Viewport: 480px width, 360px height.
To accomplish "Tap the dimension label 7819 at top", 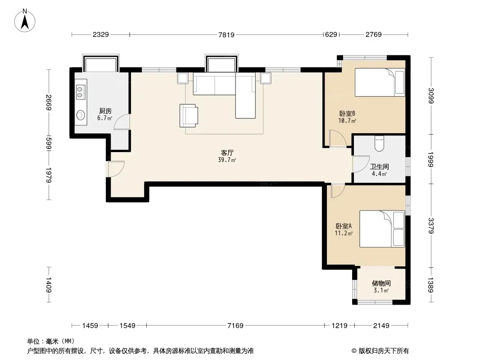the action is pyautogui.click(x=226, y=35).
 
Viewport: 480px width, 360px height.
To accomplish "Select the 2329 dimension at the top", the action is pyautogui.click(x=101, y=35).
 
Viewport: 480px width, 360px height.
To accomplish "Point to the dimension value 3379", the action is pyautogui.click(x=431, y=225).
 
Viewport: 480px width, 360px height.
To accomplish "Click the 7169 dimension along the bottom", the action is pyautogui.click(x=235, y=325).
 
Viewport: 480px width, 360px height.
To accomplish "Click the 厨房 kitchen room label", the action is pyautogui.click(x=105, y=111).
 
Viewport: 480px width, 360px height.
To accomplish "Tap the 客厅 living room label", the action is pyautogui.click(x=227, y=153).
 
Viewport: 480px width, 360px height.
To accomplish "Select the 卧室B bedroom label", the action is pyautogui.click(x=347, y=113).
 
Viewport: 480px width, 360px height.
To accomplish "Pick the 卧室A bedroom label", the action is pyautogui.click(x=344, y=226).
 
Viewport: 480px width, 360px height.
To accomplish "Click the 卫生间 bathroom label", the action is pyautogui.click(x=379, y=166).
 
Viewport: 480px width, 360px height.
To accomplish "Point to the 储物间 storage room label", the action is pyautogui.click(x=381, y=283).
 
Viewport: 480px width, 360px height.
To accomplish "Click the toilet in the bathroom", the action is pyautogui.click(x=379, y=144).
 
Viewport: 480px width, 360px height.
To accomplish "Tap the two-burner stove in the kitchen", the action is pyautogui.click(x=80, y=92).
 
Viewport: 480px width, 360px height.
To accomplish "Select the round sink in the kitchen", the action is pyautogui.click(x=81, y=115).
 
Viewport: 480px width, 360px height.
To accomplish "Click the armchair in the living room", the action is pyautogui.click(x=188, y=115).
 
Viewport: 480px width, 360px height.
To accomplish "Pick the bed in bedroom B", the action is pyautogui.click(x=380, y=82).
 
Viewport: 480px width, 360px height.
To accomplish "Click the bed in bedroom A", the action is pyautogui.click(x=382, y=229).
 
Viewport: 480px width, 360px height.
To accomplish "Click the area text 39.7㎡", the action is pyautogui.click(x=227, y=160).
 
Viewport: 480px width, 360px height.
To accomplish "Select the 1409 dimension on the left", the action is pyautogui.click(x=48, y=285).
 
